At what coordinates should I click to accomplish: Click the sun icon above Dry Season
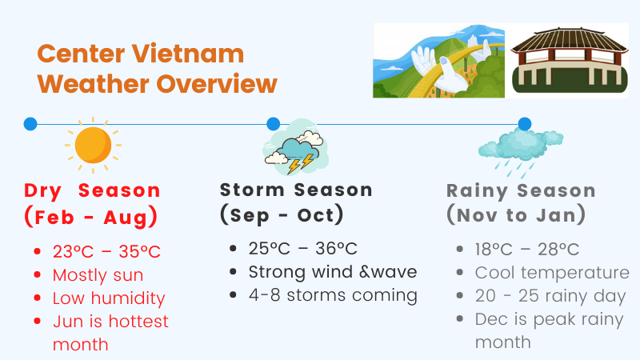[93, 145]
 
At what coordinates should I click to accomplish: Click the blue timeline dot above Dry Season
[30, 124]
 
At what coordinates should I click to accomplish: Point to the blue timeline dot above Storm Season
[273, 124]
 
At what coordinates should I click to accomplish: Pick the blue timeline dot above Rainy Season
[524, 124]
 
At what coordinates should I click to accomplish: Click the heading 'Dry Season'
[92, 190]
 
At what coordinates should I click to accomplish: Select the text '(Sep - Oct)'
[282, 215]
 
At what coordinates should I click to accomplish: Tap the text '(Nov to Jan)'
[516, 215]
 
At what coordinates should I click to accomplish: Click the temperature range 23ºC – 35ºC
[106, 252]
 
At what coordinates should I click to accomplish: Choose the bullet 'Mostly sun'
[98, 275]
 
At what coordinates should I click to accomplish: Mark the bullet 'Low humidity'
[109, 298]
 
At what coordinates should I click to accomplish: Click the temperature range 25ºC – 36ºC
[302, 249]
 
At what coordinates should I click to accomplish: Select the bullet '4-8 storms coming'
[333, 295]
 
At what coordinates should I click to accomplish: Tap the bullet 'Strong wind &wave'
[333, 272]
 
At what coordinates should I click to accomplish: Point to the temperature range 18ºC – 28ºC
[527, 250]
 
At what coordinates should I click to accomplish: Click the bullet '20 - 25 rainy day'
[550, 296]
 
